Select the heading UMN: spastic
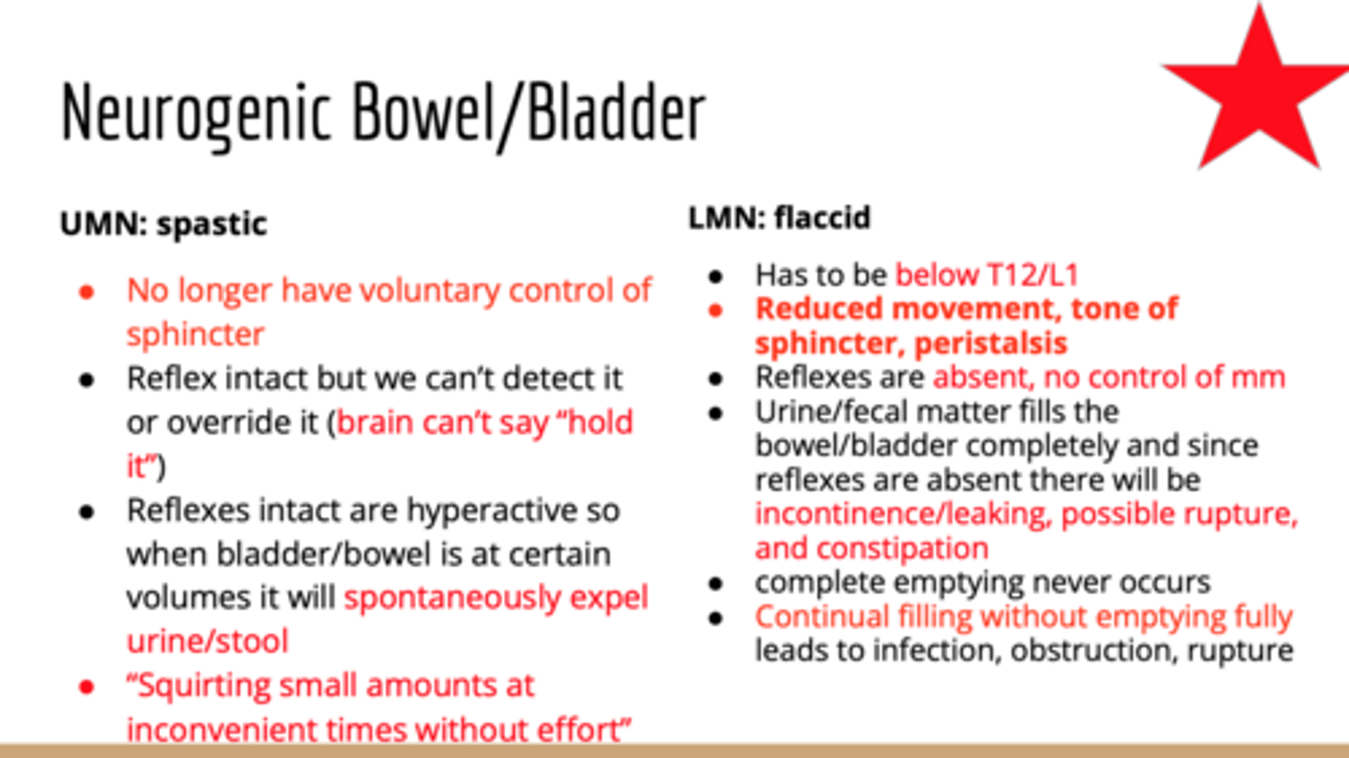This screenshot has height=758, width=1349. coord(164,224)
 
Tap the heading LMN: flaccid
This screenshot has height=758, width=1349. coord(779,217)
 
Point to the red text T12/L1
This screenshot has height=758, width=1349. coord(1033,275)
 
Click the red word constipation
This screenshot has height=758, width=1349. coord(871,548)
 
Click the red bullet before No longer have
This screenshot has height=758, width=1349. coord(86,291)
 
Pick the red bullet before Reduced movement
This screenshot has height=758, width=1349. coord(716,310)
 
